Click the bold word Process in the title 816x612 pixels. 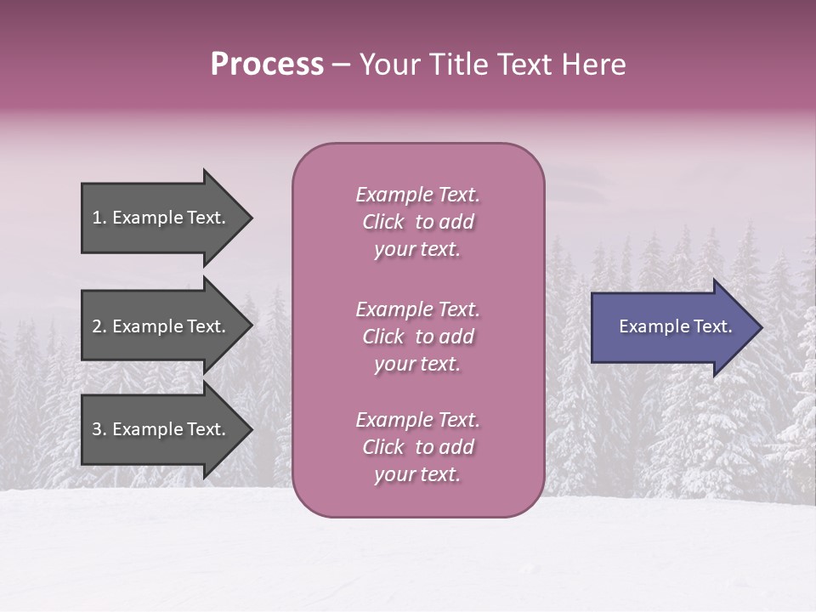point(267,65)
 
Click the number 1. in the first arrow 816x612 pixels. point(99,218)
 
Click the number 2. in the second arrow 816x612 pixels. point(99,326)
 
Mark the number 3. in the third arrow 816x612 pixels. point(99,429)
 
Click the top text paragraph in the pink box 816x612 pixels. point(417,222)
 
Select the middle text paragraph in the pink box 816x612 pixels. point(417,337)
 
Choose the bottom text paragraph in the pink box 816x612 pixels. point(417,447)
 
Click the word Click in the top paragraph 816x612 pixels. point(383,222)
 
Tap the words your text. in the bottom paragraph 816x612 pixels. point(417,474)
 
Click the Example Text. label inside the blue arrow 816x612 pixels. point(675,326)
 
